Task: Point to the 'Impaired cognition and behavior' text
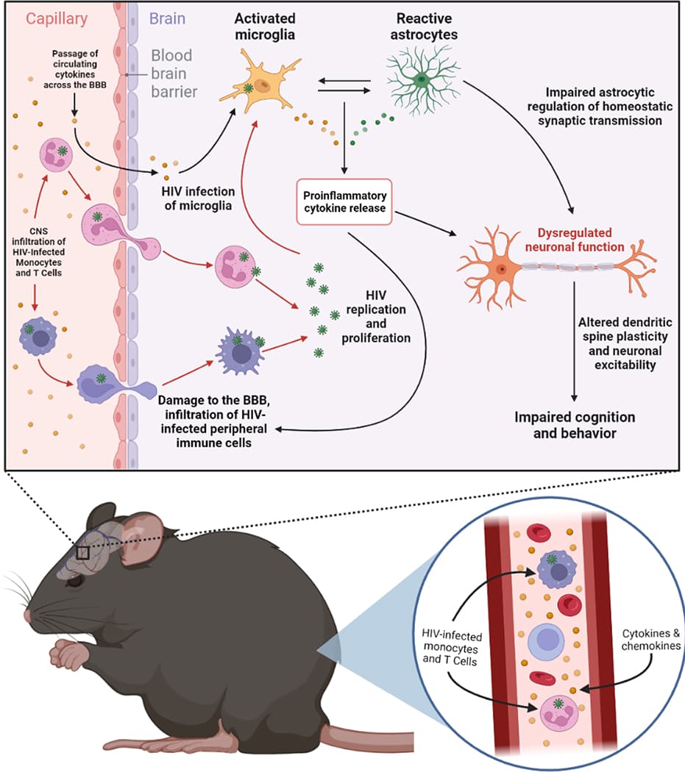click(575, 425)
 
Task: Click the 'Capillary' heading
click(53, 17)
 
